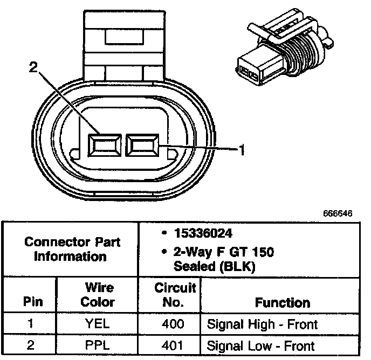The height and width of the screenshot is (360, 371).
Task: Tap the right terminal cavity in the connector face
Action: coord(142,144)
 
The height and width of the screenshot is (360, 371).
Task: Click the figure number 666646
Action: coord(338,213)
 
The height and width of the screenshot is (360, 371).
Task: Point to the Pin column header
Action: coord(31,302)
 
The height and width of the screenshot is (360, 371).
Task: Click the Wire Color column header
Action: coord(98,295)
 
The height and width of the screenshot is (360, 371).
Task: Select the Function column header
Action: coord(282,302)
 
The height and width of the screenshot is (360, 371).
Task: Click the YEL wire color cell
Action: coord(98,324)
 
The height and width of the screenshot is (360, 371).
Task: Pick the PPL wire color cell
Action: coord(98,345)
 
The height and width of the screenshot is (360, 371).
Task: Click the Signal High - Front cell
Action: coord(262,324)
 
